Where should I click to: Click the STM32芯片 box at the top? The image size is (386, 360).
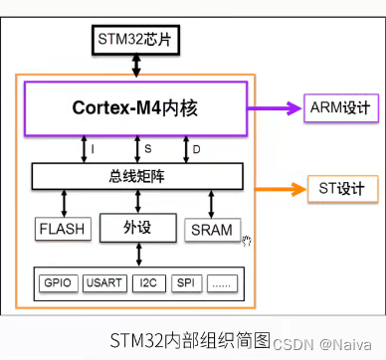point(136,41)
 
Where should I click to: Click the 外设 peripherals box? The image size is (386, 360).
point(136,228)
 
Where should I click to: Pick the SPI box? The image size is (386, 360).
point(185,283)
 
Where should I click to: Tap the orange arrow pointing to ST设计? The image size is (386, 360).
point(287,187)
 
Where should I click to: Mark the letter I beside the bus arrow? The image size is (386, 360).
point(93,148)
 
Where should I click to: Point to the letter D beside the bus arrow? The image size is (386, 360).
point(196,148)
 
